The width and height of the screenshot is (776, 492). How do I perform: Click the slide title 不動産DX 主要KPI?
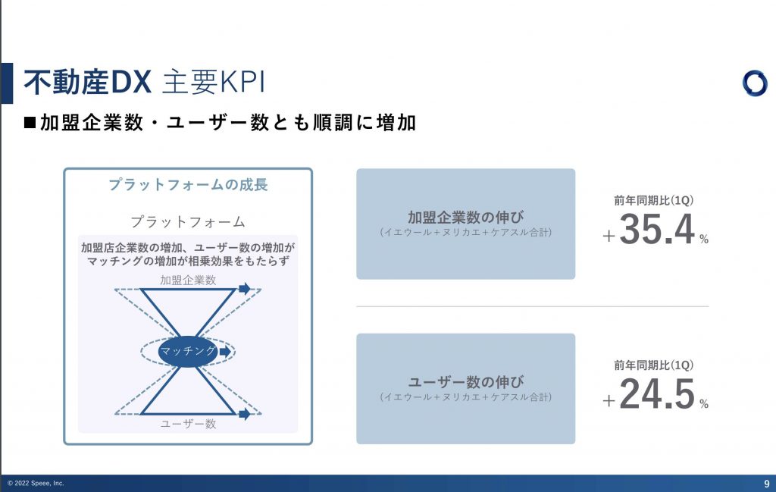tap(145, 82)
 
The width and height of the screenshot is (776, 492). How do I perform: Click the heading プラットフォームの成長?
tap(188, 185)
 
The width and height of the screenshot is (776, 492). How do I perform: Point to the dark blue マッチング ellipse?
tap(188, 352)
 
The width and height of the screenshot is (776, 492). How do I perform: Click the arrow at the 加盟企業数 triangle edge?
tap(245, 289)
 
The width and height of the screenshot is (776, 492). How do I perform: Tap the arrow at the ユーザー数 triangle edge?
tap(245, 414)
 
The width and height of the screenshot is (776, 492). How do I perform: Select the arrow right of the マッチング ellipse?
tap(225, 352)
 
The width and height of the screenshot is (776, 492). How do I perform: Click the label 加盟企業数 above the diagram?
tap(188, 280)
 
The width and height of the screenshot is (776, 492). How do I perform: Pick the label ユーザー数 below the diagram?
tap(188, 424)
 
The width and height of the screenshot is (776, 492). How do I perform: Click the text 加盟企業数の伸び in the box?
tap(466, 217)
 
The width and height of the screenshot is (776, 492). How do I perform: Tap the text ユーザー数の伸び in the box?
tap(466, 381)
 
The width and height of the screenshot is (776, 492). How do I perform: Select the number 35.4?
tap(657, 229)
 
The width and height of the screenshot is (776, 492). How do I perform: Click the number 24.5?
tap(657, 393)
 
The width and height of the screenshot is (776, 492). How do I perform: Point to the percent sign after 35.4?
tap(704, 239)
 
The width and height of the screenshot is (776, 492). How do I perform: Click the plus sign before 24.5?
tap(609, 400)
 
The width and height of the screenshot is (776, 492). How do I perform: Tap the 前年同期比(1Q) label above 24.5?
tap(654, 365)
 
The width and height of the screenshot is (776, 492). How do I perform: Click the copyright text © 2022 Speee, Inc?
tap(36, 483)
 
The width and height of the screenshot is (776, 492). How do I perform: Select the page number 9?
tap(767, 484)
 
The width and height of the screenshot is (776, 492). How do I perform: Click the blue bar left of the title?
tap(7, 83)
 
